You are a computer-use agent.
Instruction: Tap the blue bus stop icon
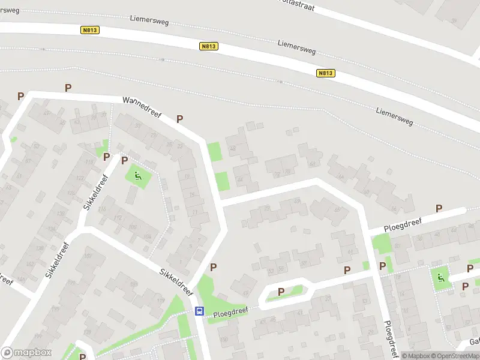tap(199, 311)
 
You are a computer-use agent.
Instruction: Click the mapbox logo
tap(26, 352)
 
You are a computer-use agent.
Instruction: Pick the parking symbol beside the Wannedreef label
tap(179, 119)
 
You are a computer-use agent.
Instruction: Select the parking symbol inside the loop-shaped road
tap(281, 292)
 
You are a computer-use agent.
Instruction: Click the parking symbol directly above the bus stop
tap(213, 267)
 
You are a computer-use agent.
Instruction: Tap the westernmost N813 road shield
tap(89, 29)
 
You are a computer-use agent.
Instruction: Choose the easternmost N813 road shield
tap(325, 73)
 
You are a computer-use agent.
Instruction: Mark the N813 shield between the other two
tap(208, 46)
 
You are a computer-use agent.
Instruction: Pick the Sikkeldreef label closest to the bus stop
tap(176, 282)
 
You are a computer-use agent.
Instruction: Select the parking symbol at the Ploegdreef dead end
tap(439, 208)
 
